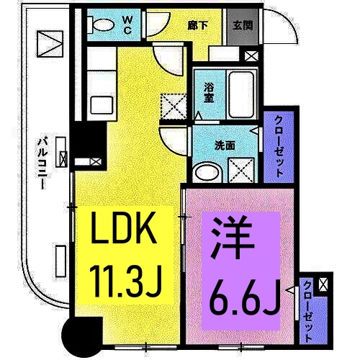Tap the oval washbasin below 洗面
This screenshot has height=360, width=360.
pyautogui.click(x=209, y=172)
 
